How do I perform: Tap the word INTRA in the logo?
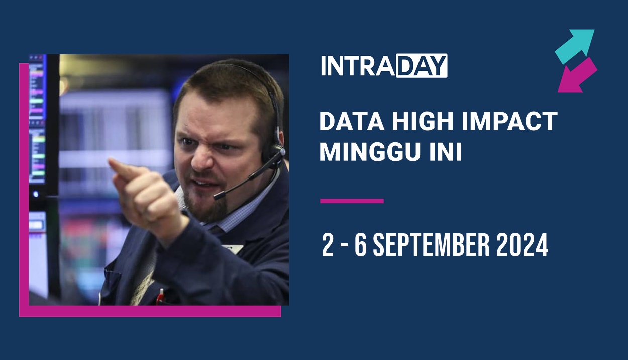pos(358,66)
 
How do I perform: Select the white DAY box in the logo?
pos(421,66)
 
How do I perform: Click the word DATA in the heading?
pos(347,122)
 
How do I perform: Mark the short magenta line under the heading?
pos(352,201)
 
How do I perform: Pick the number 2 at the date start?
pos(328,246)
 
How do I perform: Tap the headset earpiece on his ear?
pos(277,151)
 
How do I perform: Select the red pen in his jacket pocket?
pos(160,297)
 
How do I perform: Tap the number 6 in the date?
pos(360,246)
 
